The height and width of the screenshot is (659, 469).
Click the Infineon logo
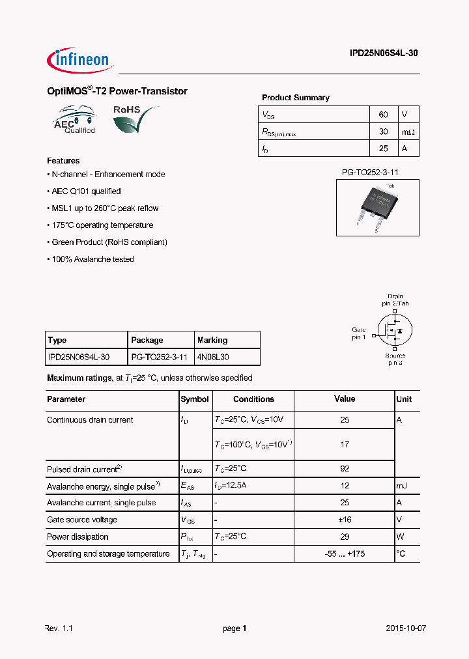pos(80,60)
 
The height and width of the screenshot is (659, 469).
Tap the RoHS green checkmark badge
pos(135,119)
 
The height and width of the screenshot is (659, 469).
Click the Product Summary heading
pos(295,98)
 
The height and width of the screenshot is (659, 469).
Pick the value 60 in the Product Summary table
pos(383,115)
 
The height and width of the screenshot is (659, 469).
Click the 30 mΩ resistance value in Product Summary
pos(383,132)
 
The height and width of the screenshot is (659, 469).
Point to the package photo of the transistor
pos(378,207)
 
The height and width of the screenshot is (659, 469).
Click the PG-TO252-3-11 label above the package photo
pos(370,173)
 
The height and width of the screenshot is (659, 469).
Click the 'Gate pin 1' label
pos(359,333)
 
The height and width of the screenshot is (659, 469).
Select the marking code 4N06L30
pos(213,358)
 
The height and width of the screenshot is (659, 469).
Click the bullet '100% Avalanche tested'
pos(91,259)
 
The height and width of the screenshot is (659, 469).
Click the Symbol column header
pos(195,399)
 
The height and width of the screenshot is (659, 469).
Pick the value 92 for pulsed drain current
pos(345,469)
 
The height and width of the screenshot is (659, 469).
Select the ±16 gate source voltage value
pos(345,520)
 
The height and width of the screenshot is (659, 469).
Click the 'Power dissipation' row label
pos(78,537)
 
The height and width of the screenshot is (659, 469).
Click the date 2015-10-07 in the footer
pos(406,629)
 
